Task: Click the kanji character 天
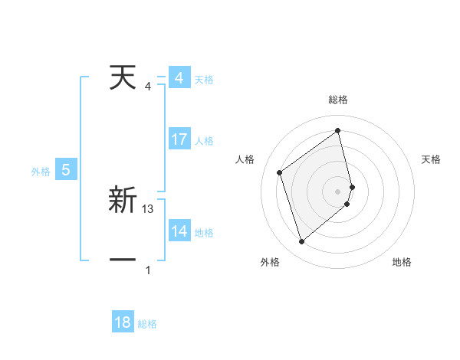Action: [x=123, y=78]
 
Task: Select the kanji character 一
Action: [x=123, y=260]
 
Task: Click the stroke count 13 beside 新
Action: [x=149, y=208]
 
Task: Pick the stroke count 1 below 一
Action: [x=148, y=270]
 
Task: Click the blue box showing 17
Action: [x=179, y=139]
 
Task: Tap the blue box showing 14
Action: [x=179, y=231]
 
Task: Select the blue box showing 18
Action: [x=123, y=322]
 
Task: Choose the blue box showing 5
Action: [x=66, y=170]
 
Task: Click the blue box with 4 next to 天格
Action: [x=179, y=78]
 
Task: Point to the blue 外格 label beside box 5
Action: [x=41, y=172]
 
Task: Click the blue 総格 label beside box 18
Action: [x=147, y=324]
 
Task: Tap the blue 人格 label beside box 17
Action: [x=204, y=141]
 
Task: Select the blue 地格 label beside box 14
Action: [x=204, y=233]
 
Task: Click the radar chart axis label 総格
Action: [x=338, y=100]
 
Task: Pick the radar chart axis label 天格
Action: [x=432, y=159]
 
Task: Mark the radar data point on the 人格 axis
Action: [x=280, y=172]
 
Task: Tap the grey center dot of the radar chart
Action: [x=338, y=191]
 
